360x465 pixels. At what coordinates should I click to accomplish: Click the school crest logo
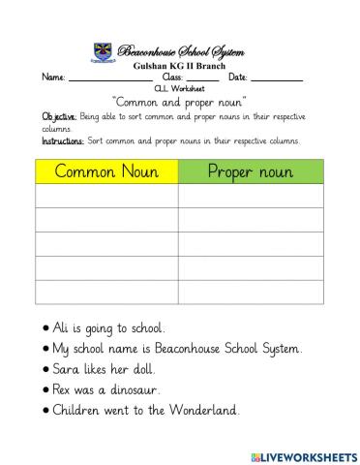(102, 50)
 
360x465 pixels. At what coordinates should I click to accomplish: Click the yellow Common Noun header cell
(106, 171)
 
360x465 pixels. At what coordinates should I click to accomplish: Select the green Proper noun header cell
(251, 171)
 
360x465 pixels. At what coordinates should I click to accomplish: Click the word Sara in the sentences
(58, 369)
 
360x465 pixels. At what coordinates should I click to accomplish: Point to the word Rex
(57, 389)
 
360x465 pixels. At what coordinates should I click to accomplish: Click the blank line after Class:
(202, 78)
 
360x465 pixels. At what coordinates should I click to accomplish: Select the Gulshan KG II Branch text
(179, 65)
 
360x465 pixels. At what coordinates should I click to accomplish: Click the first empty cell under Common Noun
(106, 197)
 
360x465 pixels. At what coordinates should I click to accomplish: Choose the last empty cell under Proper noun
(251, 292)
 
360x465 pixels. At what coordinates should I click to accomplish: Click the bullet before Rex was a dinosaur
(36, 390)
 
